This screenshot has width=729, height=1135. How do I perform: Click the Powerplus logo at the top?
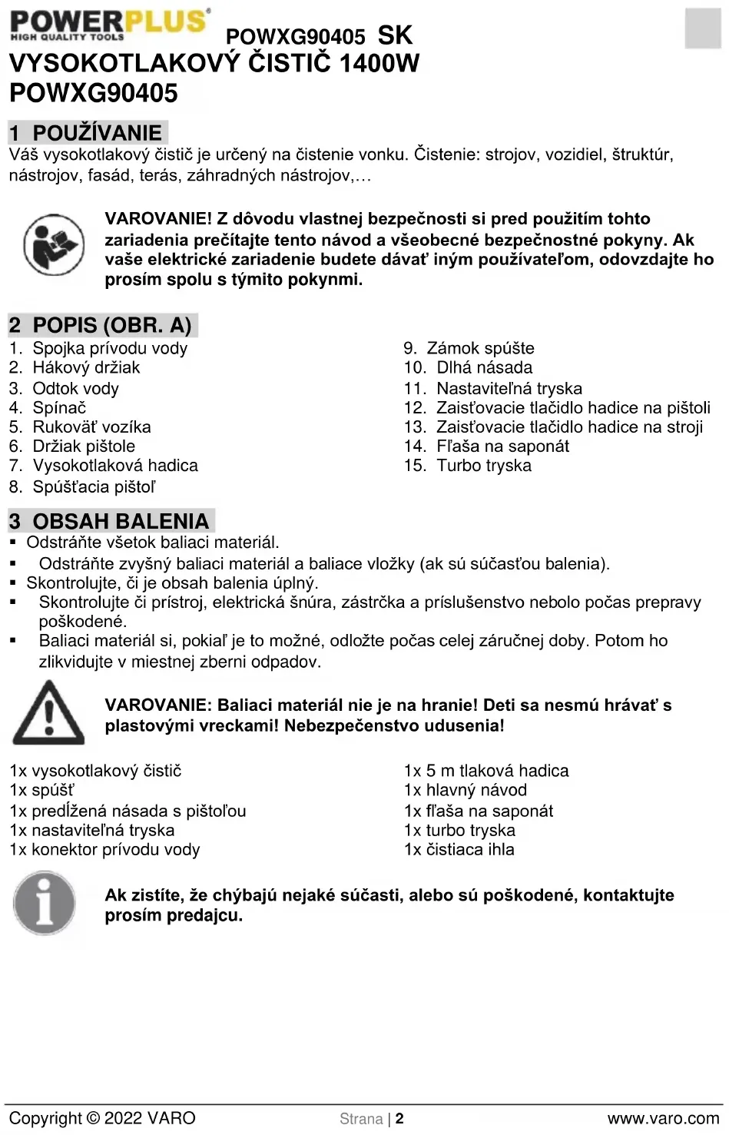pos(110,24)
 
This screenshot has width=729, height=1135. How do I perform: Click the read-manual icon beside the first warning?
pos(54,245)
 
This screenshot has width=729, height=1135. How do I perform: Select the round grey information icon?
pos(45,903)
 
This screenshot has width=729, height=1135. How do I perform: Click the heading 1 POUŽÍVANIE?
pos(87,133)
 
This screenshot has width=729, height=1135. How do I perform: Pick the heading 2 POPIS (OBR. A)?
pos(101,325)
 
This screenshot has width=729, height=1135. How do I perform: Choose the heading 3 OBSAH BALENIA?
pos(110,521)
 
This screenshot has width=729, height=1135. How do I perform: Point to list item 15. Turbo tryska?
pos(468,465)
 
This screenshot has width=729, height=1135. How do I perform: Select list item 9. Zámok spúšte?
pos(469,348)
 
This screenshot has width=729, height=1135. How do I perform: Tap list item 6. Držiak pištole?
pos(72,446)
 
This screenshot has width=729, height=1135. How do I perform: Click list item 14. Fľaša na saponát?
pos(487,446)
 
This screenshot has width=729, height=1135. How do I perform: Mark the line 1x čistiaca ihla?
pos(459,849)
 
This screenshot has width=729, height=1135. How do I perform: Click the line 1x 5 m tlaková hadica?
pos(486,771)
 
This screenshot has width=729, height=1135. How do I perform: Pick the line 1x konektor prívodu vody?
pos(104,849)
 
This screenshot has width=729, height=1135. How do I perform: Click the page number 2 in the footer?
pos(399,1119)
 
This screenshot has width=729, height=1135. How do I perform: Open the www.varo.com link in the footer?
pos(663,1119)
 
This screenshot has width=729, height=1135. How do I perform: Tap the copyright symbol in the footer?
pos(93,1119)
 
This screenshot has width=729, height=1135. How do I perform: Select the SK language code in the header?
pos(395,35)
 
